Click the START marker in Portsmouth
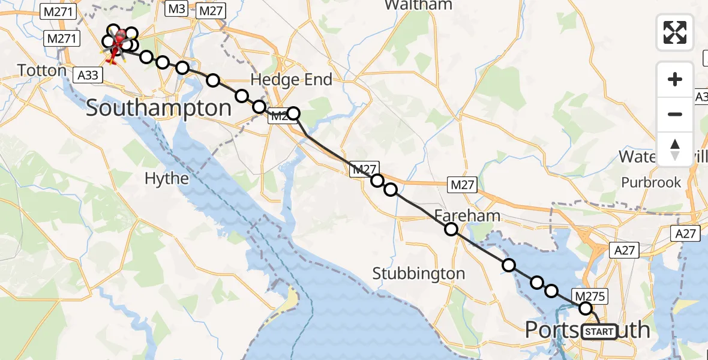pyautogui.click(x=598, y=332)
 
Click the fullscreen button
pyautogui.click(x=675, y=32)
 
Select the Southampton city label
pyautogui.click(x=158, y=109)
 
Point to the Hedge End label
pyautogui.click(x=291, y=80)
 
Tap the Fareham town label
pyautogui.click(x=459, y=215)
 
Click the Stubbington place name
pyautogui.click(x=418, y=274)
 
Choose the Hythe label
pyautogui.click(x=167, y=178)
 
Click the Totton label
pyautogui.click(x=42, y=70)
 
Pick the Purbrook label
pyautogui.click(x=651, y=182)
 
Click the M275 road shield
pyautogui.click(x=592, y=295)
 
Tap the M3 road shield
pyautogui.click(x=176, y=10)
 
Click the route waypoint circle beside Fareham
pyautogui.click(x=451, y=229)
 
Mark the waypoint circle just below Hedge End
pyautogui.click(x=293, y=113)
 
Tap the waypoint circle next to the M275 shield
pyautogui.click(x=586, y=308)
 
